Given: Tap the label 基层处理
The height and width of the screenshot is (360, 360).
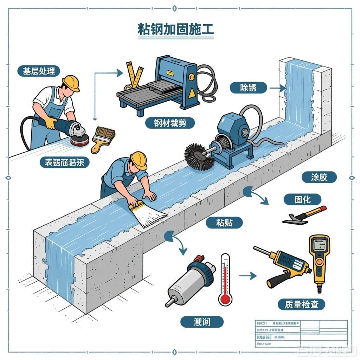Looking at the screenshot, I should coord(39,71).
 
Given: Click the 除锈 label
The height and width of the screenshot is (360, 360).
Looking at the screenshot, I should coord(248,88).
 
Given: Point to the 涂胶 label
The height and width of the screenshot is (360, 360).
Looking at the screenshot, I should coord(319,177).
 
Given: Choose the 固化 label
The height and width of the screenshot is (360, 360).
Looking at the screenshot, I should coord(302,199).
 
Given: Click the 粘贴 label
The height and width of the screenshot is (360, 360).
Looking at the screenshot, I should coord(224,222).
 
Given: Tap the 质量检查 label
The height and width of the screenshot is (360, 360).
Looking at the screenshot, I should coord(301,304).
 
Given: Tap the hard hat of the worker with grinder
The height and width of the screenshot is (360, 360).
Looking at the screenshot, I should coord(71,83).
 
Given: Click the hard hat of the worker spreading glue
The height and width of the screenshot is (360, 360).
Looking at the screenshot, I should coord(139,160).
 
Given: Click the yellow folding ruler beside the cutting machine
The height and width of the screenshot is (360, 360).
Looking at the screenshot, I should coord(134,75).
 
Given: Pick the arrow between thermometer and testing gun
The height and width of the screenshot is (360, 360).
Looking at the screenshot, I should coord(247,276).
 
